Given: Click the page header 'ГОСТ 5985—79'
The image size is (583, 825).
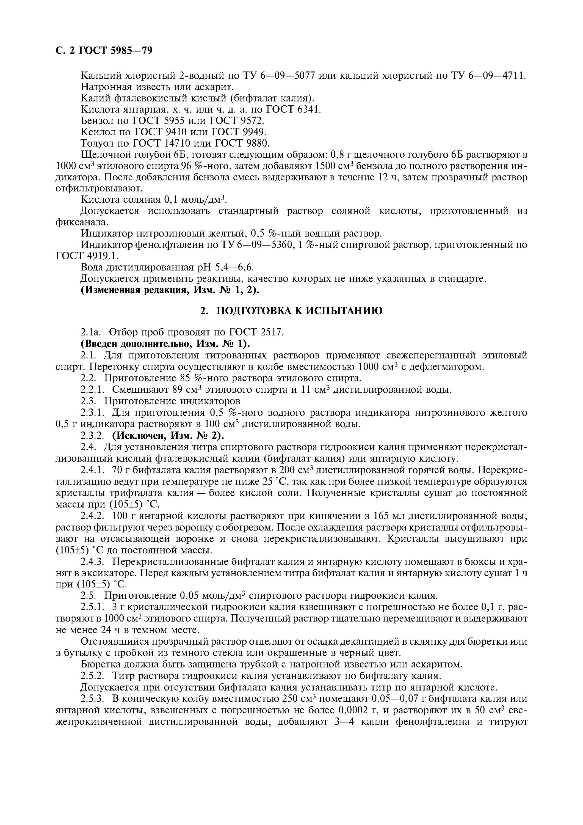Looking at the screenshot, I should pos(115,50).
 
